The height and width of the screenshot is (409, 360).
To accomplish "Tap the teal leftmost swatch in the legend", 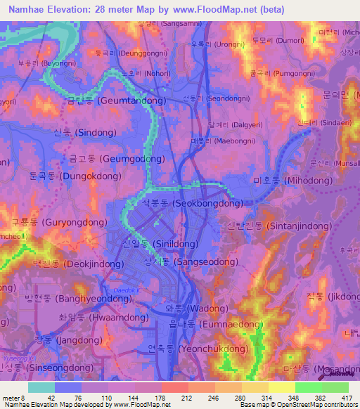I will click(41, 387).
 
